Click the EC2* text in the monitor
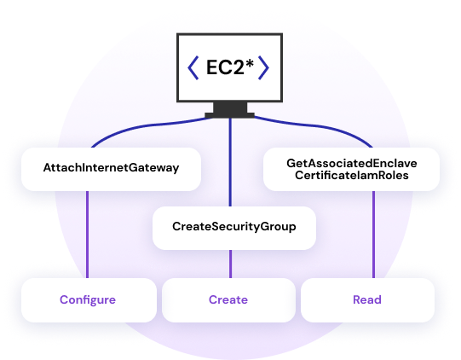(230, 67)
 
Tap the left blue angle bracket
(193, 67)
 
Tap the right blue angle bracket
(263, 67)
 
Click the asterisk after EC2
(250, 63)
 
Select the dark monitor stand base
(229, 115)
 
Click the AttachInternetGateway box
(111, 169)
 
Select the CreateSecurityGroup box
(234, 228)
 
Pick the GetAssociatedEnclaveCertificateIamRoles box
(351, 169)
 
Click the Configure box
(89, 300)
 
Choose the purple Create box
(228, 300)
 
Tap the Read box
(367, 300)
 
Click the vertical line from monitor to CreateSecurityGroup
(230, 162)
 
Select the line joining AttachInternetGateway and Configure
(87, 235)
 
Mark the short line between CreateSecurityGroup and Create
(230, 264)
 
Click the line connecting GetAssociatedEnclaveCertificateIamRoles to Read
(374, 235)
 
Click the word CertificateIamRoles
(352, 176)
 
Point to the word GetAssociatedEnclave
(352, 163)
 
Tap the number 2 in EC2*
(238, 67)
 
